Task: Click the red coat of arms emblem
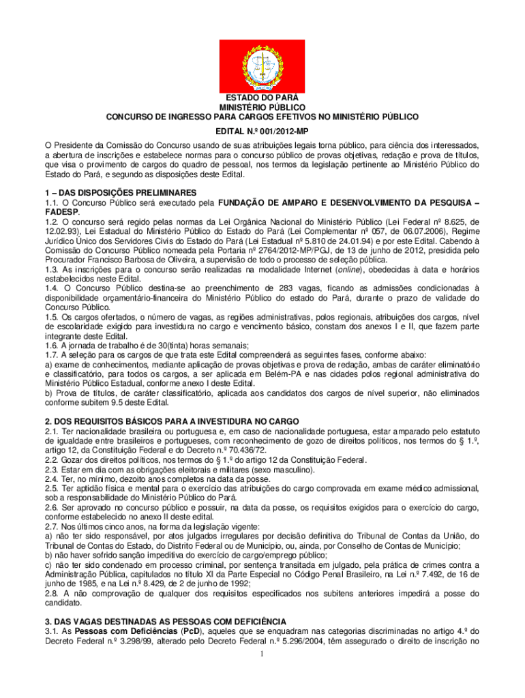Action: [262, 67]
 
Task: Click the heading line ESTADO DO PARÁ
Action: [262, 98]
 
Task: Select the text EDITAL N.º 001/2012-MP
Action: [262, 130]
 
